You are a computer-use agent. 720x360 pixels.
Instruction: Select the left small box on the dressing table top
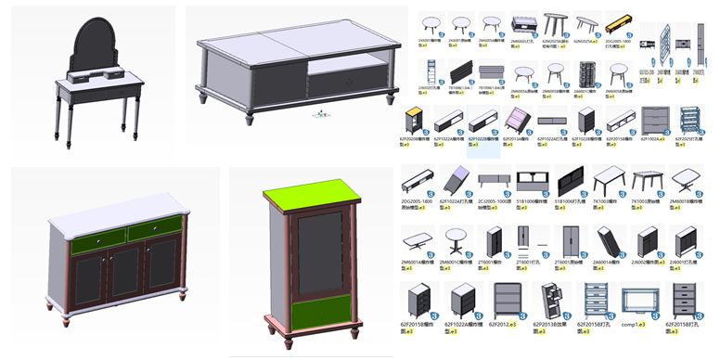pos(77,76)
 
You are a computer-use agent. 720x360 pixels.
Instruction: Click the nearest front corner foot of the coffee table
pos(249,118)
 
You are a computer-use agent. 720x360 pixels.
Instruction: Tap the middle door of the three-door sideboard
pos(124,273)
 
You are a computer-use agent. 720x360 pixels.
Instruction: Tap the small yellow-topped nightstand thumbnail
pos(415,120)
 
